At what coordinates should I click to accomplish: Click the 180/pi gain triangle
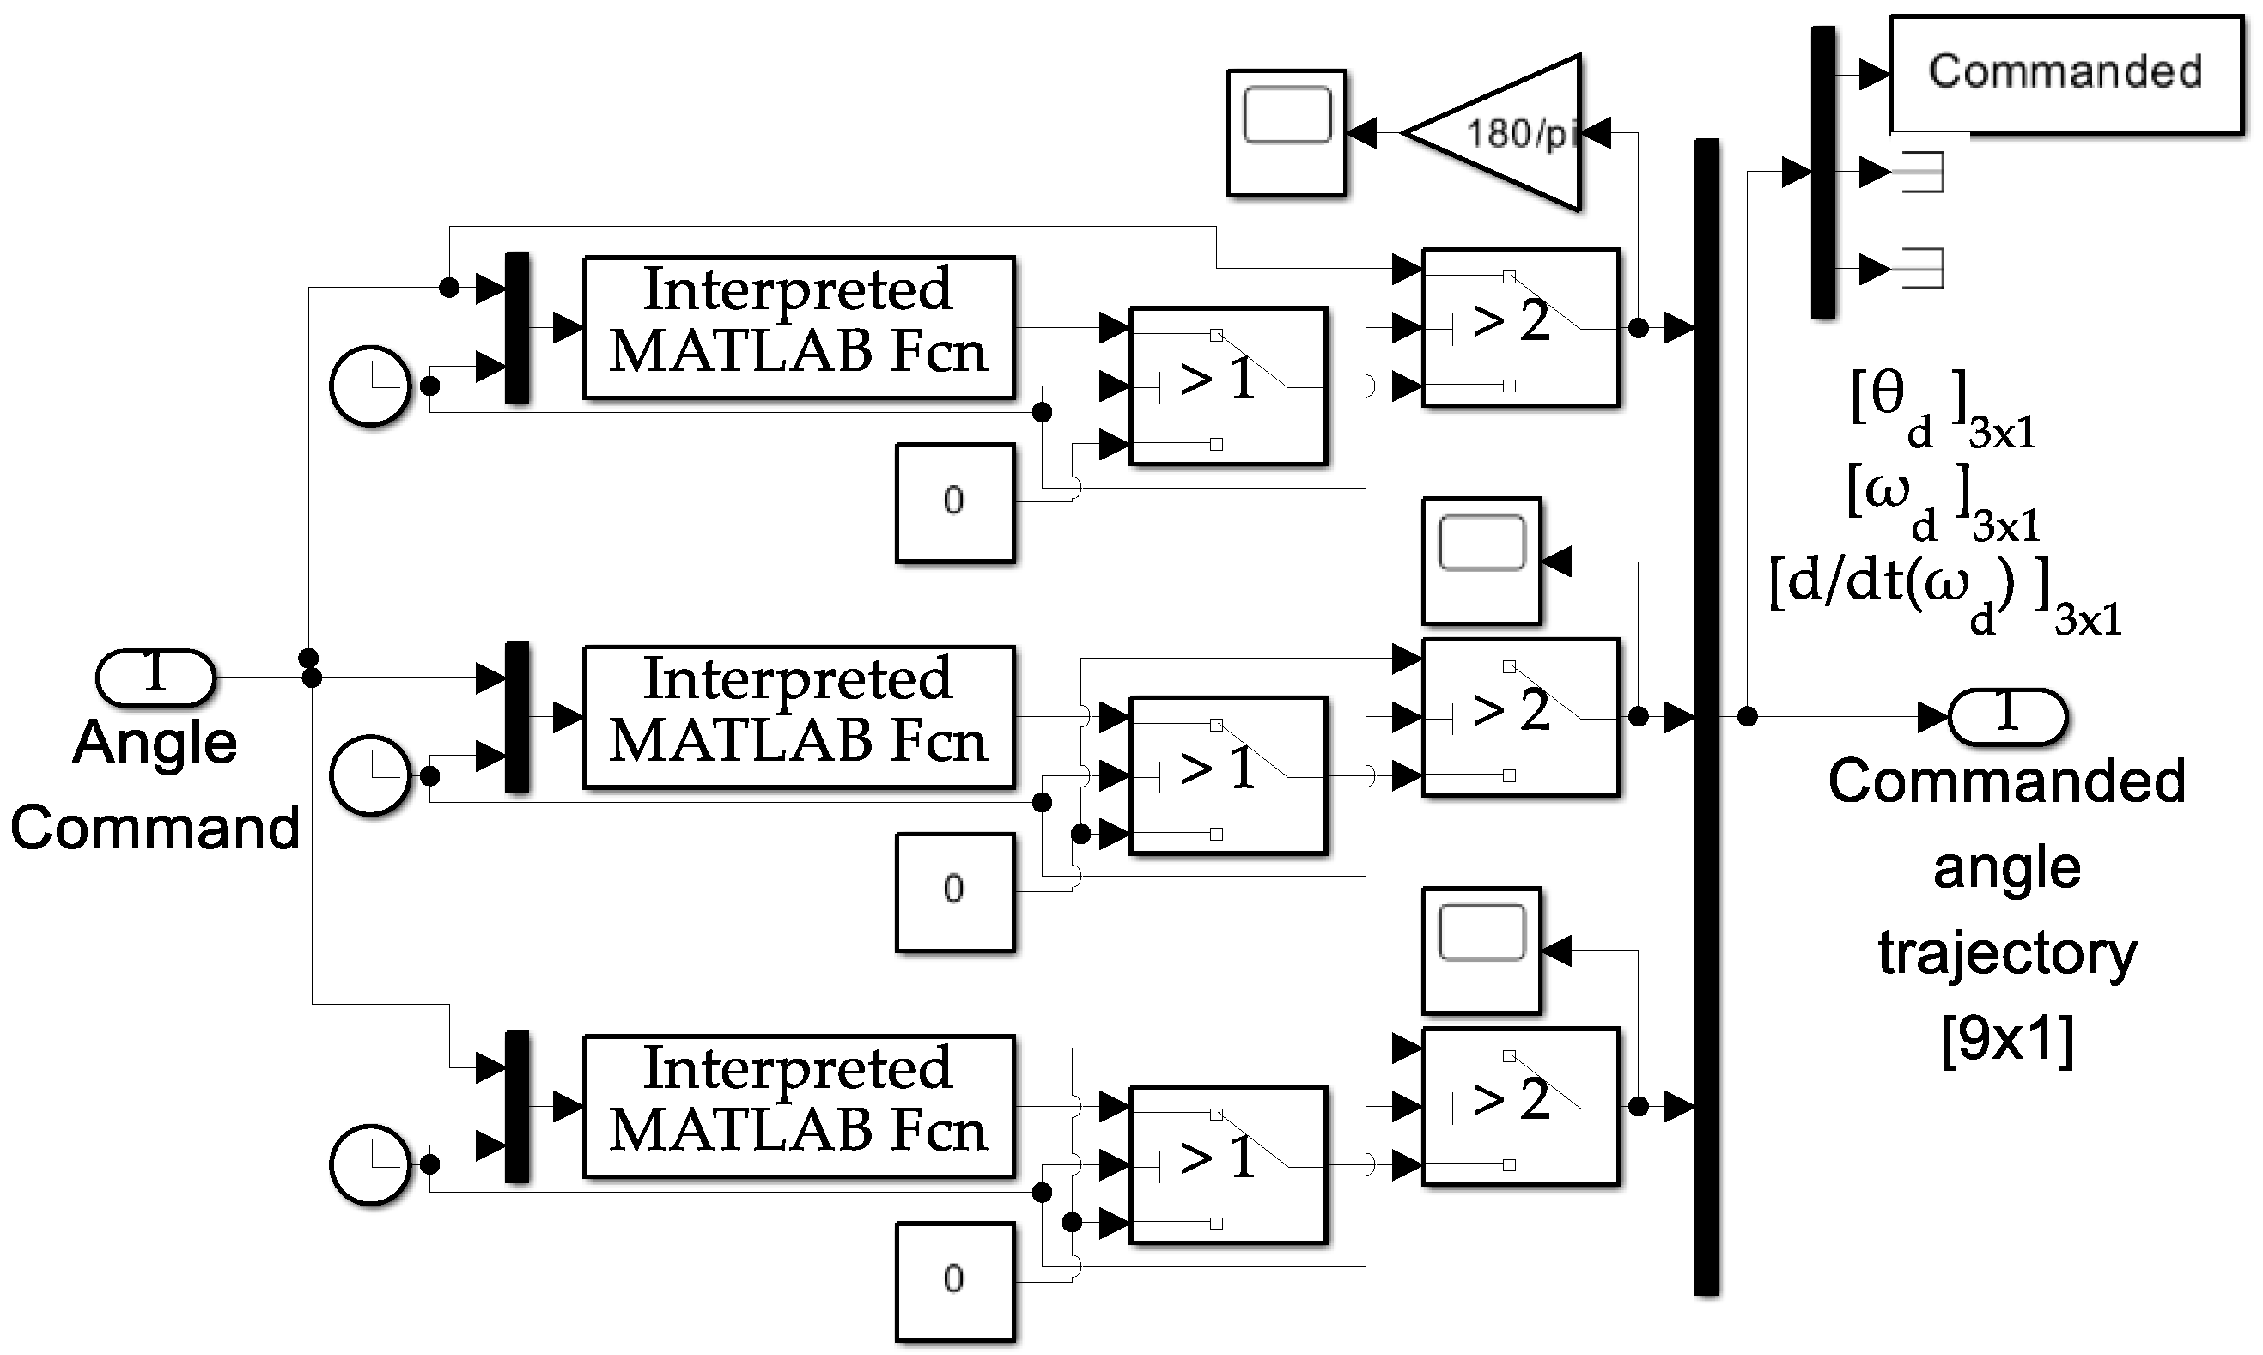[x=1507, y=133]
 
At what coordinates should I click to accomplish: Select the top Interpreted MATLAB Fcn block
[x=798, y=327]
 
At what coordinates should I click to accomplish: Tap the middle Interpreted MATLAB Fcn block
[x=798, y=717]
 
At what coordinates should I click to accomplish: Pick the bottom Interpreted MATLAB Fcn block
[x=798, y=1106]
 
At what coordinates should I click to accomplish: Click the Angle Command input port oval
[x=155, y=677]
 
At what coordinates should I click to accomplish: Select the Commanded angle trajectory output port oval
[x=2007, y=716]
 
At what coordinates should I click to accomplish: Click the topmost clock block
[x=370, y=386]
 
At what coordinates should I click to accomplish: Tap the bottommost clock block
[x=370, y=1164]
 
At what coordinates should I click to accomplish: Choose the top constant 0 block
[x=954, y=501]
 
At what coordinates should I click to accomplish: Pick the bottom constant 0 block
[x=954, y=1280]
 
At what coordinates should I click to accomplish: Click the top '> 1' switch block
[x=1227, y=386]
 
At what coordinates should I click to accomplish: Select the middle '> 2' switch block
[x=1519, y=717]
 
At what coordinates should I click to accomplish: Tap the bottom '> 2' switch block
[x=1519, y=1106]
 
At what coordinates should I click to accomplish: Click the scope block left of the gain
[x=1286, y=132]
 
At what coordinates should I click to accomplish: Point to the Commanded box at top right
[x=2065, y=73]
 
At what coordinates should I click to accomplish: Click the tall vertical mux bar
[x=1705, y=717]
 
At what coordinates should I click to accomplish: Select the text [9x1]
[x=2007, y=1038]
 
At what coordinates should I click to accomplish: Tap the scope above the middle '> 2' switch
[x=1481, y=561]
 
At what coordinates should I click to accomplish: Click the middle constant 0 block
[x=954, y=891]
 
